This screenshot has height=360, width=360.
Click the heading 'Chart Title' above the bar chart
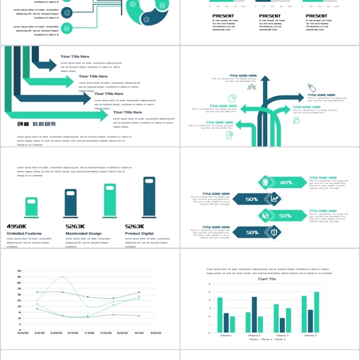pyautogui.click(x=267, y=279)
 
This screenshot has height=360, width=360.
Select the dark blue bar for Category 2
pyautogui.click(x=254, y=315)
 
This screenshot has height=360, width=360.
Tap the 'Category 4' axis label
pyautogui.click(x=310, y=336)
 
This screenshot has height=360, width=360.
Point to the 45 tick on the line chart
pyautogui.click(x=19, y=277)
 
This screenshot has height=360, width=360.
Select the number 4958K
pyautogui.click(x=17, y=226)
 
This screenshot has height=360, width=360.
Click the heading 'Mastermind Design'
pyautogui.click(x=83, y=234)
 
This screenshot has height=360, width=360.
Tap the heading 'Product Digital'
pyautogui.click(x=139, y=234)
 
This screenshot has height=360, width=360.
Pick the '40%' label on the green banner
pyautogui.click(x=286, y=183)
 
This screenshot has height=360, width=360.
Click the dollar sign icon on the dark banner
pyautogui.click(x=274, y=232)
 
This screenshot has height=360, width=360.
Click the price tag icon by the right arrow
pyautogui.click(x=312, y=88)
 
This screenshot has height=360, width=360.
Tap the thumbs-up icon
pyautogui.click(x=297, y=120)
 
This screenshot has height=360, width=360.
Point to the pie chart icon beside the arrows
pyautogui.click(x=233, y=99)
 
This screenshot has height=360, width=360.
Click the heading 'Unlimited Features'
pyautogui.click(x=24, y=234)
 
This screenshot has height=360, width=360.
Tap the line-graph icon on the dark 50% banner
pyautogui.click(x=274, y=199)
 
